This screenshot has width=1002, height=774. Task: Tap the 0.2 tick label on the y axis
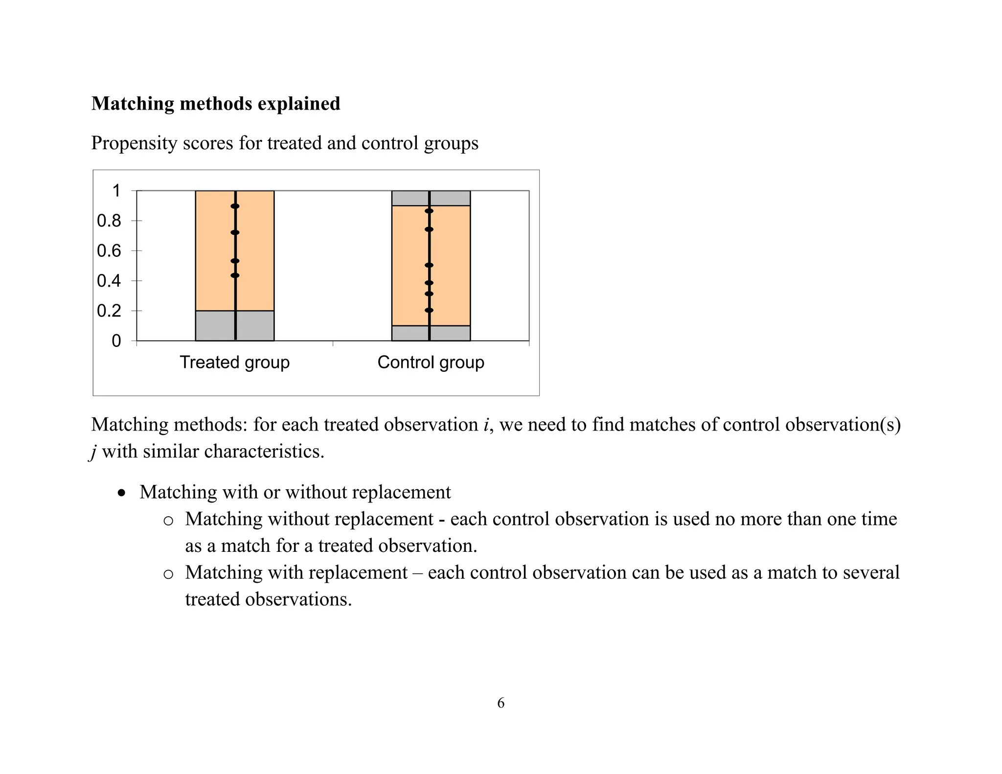109,311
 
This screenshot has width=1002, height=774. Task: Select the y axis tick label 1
116,191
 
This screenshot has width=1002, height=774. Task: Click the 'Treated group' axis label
234,363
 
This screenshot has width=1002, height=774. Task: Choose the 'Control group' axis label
431,363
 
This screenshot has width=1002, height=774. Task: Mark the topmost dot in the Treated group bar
235,206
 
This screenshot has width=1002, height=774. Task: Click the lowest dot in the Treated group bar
235,275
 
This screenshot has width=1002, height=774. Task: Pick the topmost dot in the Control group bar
429,211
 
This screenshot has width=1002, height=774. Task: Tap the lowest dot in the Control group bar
429,310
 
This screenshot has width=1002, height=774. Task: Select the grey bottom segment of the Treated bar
215,326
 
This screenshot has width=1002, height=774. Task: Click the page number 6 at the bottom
501,703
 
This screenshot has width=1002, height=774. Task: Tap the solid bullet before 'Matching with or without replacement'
121,493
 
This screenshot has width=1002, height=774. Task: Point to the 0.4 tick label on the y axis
109,281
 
